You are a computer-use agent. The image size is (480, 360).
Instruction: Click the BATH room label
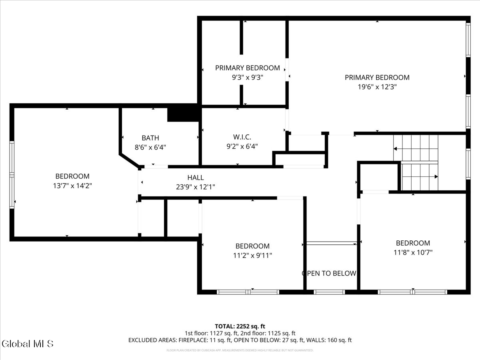tap(150, 138)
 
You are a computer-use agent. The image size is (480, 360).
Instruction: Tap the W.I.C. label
tap(242, 137)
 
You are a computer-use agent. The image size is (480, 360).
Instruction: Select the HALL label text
tap(196, 178)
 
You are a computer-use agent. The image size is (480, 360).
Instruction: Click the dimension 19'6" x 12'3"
tap(377, 86)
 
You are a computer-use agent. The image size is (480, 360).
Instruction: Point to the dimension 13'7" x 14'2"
tap(72, 186)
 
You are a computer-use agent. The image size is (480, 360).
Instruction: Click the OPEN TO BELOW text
tap(329, 274)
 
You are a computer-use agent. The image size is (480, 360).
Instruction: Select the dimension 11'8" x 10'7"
tap(413, 252)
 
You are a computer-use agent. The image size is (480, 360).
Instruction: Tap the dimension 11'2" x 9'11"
tap(252, 255)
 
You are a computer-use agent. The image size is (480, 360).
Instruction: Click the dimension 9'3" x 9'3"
tap(247, 77)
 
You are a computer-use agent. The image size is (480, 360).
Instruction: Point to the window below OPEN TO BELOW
tap(329, 292)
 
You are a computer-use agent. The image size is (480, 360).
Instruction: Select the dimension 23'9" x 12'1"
tap(196, 187)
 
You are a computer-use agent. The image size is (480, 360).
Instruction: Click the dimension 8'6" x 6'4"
tap(150, 147)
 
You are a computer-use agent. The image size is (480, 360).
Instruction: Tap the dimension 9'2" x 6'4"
tap(242, 146)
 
